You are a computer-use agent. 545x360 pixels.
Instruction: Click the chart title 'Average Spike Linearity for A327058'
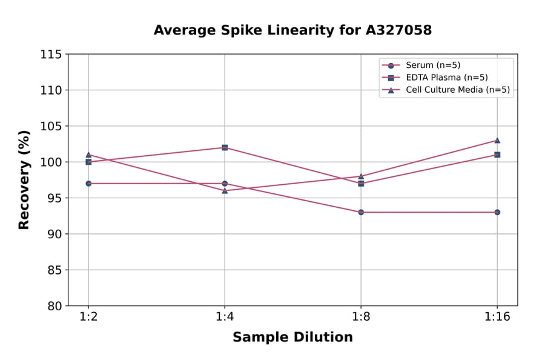(292, 30)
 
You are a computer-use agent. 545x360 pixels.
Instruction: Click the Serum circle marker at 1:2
(88, 183)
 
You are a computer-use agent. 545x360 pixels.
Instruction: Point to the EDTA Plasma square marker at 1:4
(225, 147)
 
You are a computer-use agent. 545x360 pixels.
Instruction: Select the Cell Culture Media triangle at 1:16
(497, 140)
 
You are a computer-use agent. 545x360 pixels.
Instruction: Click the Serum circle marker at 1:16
(497, 212)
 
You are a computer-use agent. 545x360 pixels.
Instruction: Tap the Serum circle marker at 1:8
(361, 212)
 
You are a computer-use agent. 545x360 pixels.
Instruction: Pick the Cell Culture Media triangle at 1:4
(225, 190)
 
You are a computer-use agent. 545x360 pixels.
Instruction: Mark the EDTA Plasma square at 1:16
(497, 155)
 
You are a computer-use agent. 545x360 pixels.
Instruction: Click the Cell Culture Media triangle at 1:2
(88, 155)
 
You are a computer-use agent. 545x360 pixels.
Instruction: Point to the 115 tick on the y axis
(51, 55)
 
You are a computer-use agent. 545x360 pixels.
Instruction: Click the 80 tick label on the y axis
(54, 306)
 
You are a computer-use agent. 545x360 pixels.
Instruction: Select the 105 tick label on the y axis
(51, 126)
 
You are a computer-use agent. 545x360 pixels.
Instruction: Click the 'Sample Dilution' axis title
(292, 338)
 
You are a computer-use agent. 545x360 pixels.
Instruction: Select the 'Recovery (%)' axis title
(24, 180)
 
